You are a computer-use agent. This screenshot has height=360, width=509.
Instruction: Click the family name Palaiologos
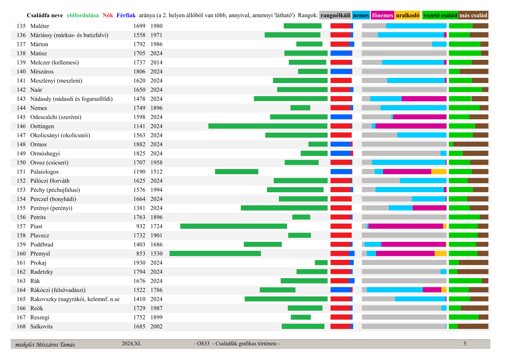click(x=44, y=172)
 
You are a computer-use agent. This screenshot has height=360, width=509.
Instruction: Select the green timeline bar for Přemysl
click(x=215, y=253)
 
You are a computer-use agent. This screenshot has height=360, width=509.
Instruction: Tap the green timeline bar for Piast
click(x=233, y=226)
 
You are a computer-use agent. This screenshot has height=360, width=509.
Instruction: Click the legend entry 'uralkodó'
click(x=407, y=15)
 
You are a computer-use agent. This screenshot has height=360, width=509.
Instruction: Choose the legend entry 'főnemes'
click(x=382, y=15)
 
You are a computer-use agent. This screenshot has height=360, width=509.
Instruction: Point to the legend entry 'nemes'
click(x=361, y=15)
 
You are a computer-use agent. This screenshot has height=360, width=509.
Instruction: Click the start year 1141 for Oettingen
click(x=139, y=126)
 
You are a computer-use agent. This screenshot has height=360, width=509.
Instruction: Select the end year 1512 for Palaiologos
click(x=156, y=172)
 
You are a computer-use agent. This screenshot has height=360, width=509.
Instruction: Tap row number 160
click(x=21, y=253)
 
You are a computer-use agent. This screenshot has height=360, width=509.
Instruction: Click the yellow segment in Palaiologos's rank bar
click(x=439, y=172)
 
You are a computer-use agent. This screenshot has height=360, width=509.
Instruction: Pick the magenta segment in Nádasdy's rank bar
click(x=424, y=99)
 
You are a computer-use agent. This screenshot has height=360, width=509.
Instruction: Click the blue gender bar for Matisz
click(x=341, y=53)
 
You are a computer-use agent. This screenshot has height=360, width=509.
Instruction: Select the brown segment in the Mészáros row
click(x=474, y=71)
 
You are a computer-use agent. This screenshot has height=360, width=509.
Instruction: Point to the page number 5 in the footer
click(x=465, y=344)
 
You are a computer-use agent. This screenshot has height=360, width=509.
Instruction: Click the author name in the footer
click(x=45, y=345)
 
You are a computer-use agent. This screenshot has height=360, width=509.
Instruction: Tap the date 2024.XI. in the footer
click(x=131, y=343)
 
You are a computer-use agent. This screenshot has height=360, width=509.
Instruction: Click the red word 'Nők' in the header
click(x=108, y=15)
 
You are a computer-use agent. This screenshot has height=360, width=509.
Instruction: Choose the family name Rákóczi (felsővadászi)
click(x=58, y=290)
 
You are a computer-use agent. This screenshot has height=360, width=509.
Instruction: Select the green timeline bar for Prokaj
click(x=321, y=262)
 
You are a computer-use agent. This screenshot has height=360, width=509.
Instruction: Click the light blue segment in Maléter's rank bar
click(x=416, y=26)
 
